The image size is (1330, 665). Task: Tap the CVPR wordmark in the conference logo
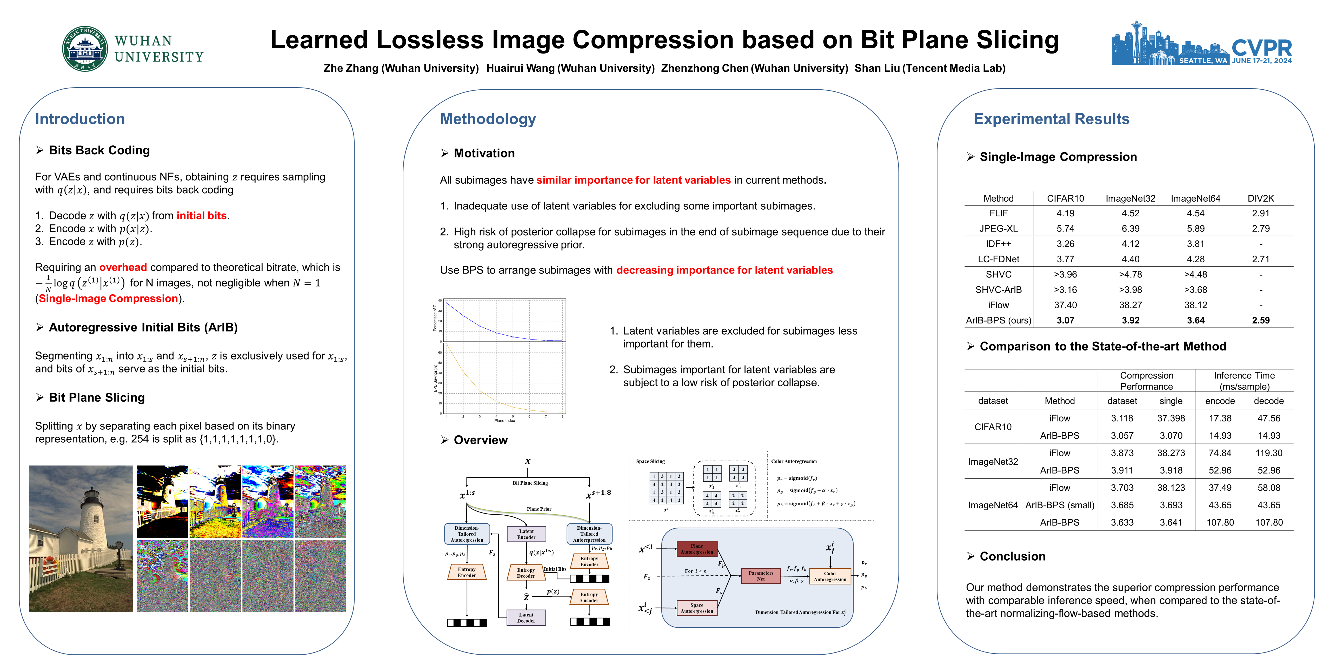(1261, 48)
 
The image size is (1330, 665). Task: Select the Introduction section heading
(80, 119)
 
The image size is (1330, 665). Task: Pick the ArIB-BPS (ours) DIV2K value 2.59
(1260, 320)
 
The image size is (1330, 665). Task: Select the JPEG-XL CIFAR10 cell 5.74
(1065, 228)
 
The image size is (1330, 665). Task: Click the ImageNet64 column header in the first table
(1195, 198)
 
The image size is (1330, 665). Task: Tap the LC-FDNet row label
(998, 259)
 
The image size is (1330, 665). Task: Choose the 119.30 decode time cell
(1268, 453)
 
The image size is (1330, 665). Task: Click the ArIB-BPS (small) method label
(1060, 505)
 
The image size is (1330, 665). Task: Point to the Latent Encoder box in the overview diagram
(526, 534)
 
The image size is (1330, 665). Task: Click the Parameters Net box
(761, 576)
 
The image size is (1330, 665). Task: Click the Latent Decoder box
(526, 617)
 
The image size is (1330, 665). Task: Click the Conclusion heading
(1012, 556)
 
